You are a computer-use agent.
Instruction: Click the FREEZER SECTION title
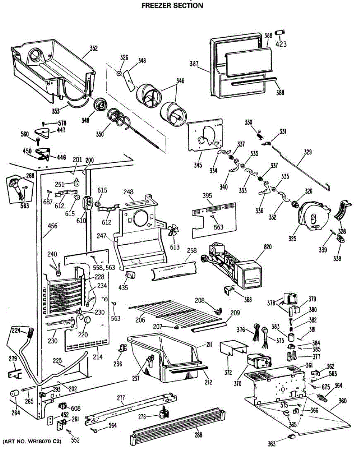click(172, 5)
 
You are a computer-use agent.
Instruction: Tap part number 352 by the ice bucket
click(93, 48)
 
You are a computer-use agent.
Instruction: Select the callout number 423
click(281, 44)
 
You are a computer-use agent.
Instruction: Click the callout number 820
click(268, 247)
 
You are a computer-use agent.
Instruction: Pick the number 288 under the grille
click(199, 435)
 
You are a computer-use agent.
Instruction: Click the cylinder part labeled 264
click(14, 393)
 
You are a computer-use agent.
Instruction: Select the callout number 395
click(207, 196)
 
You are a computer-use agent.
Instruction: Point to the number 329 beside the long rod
click(308, 152)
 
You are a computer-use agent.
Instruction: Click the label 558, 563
click(104, 268)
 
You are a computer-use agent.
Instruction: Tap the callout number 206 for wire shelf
click(140, 320)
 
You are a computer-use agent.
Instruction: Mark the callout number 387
click(194, 63)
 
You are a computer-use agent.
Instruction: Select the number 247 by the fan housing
click(101, 236)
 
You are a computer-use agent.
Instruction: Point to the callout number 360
click(343, 401)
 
